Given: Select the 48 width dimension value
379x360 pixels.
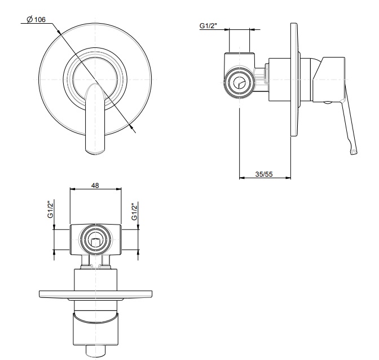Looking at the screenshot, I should [95, 185].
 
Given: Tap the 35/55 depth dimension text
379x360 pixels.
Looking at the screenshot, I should [264, 175].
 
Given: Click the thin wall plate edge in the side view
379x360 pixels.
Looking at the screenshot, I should [294, 79].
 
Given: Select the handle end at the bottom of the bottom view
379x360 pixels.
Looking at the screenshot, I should [95, 350].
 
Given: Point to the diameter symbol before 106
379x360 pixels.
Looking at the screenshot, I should [29, 20].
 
